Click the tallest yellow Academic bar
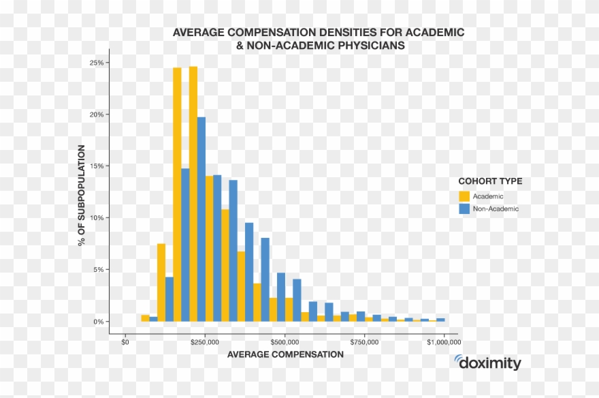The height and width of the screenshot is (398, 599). click(x=193, y=194)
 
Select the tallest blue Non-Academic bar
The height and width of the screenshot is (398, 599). click(x=201, y=219)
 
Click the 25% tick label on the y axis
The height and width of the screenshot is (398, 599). click(x=96, y=63)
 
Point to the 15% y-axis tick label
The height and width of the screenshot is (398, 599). click(x=96, y=166)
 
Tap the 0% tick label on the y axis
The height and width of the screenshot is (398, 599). click(x=98, y=322)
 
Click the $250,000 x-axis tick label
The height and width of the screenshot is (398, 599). click(x=205, y=341)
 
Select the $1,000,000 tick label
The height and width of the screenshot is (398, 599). click(x=442, y=341)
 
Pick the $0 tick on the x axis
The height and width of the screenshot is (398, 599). click(x=125, y=341)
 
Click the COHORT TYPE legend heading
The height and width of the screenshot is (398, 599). click(x=490, y=181)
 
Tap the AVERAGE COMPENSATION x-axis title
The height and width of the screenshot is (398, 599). click(x=285, y=354)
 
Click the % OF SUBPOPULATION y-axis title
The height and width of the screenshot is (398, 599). click(x=82, y=195)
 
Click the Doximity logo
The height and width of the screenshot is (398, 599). click(x=487, y=363)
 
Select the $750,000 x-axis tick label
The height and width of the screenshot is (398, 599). click(x=365, y=341)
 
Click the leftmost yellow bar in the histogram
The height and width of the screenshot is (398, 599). click(x=145, y=318)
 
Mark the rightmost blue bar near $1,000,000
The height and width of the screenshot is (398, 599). click(x=440, y=320)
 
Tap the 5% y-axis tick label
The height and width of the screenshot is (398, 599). click(x=98, y=270)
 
